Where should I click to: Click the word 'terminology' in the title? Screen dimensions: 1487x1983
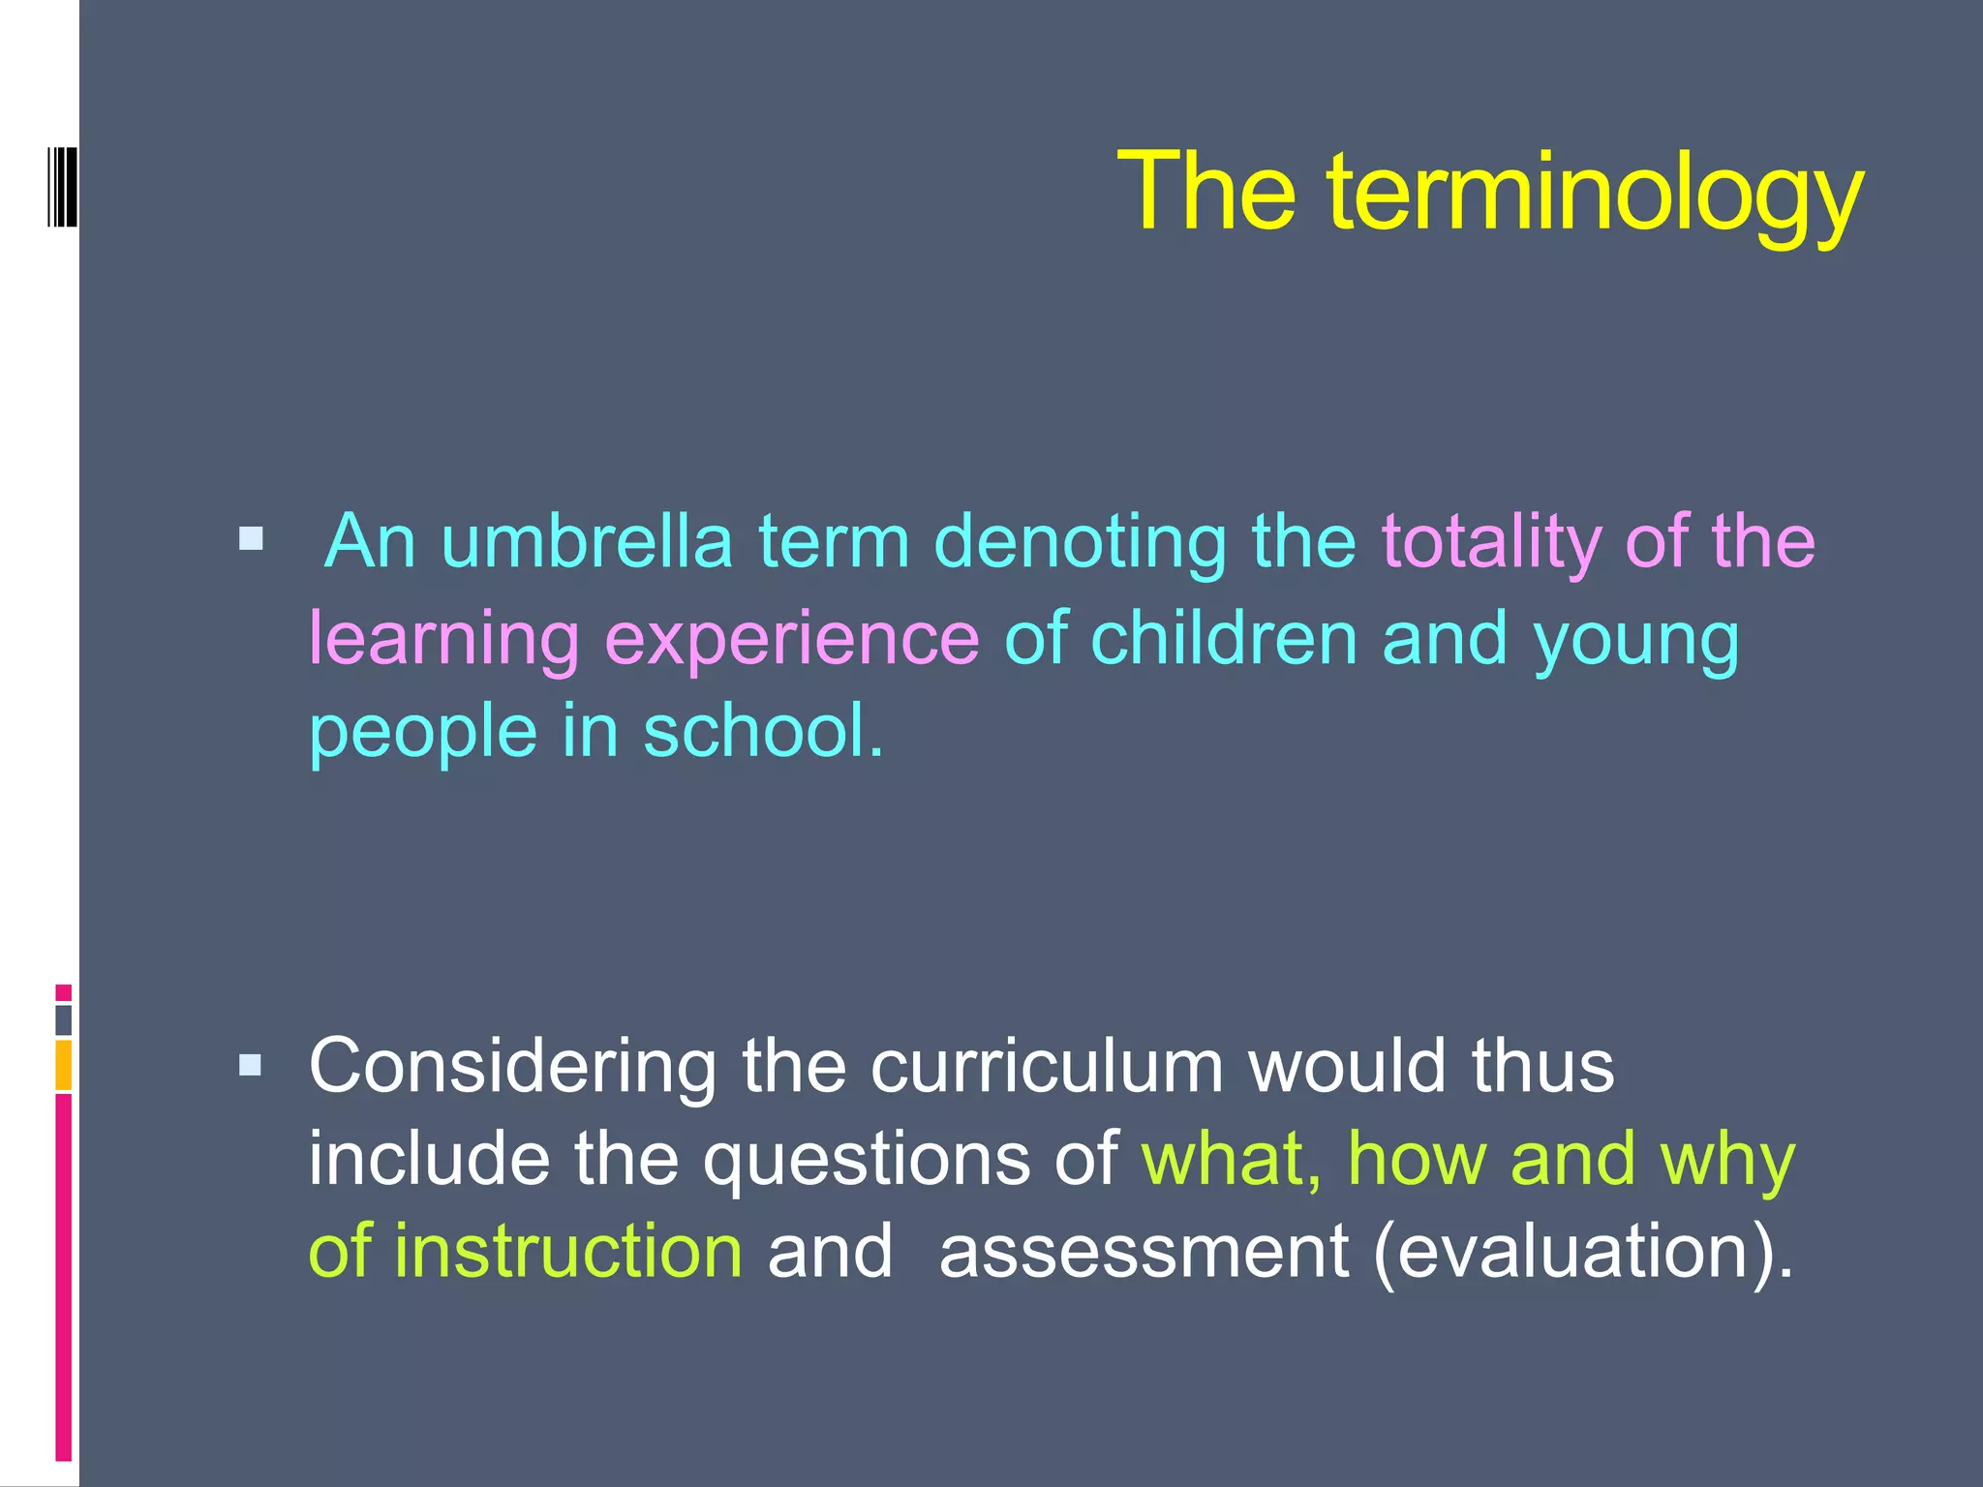(x=1595, y=194)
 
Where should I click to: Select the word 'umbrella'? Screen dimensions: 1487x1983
(x=587, y=541)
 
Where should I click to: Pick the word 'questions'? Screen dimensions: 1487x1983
(x=866, y=1160)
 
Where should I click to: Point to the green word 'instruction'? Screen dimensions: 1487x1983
(x=568, y=1251)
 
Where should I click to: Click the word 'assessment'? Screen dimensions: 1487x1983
(x=1144, y=1251)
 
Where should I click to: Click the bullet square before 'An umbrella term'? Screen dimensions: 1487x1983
(x=251, y=538)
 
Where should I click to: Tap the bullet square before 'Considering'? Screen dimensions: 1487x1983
(x=251, y=1066)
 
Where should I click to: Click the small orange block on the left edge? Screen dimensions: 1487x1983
(x=63, y=1065)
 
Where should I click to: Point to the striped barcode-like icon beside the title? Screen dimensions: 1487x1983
(x=62, y=186)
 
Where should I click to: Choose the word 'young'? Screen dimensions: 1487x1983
(x=1635, y=641)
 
